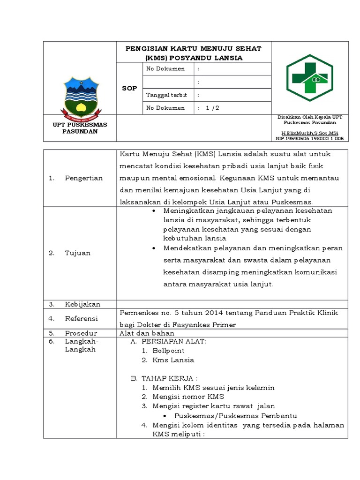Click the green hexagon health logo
(310, 78)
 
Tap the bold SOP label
(129, 88)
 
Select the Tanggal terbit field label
(166, 95)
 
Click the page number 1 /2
(212, 108)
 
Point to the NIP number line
(309, 139)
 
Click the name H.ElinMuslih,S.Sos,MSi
(309, 133)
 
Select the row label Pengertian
(83, 178)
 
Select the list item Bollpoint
(168, 351)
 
